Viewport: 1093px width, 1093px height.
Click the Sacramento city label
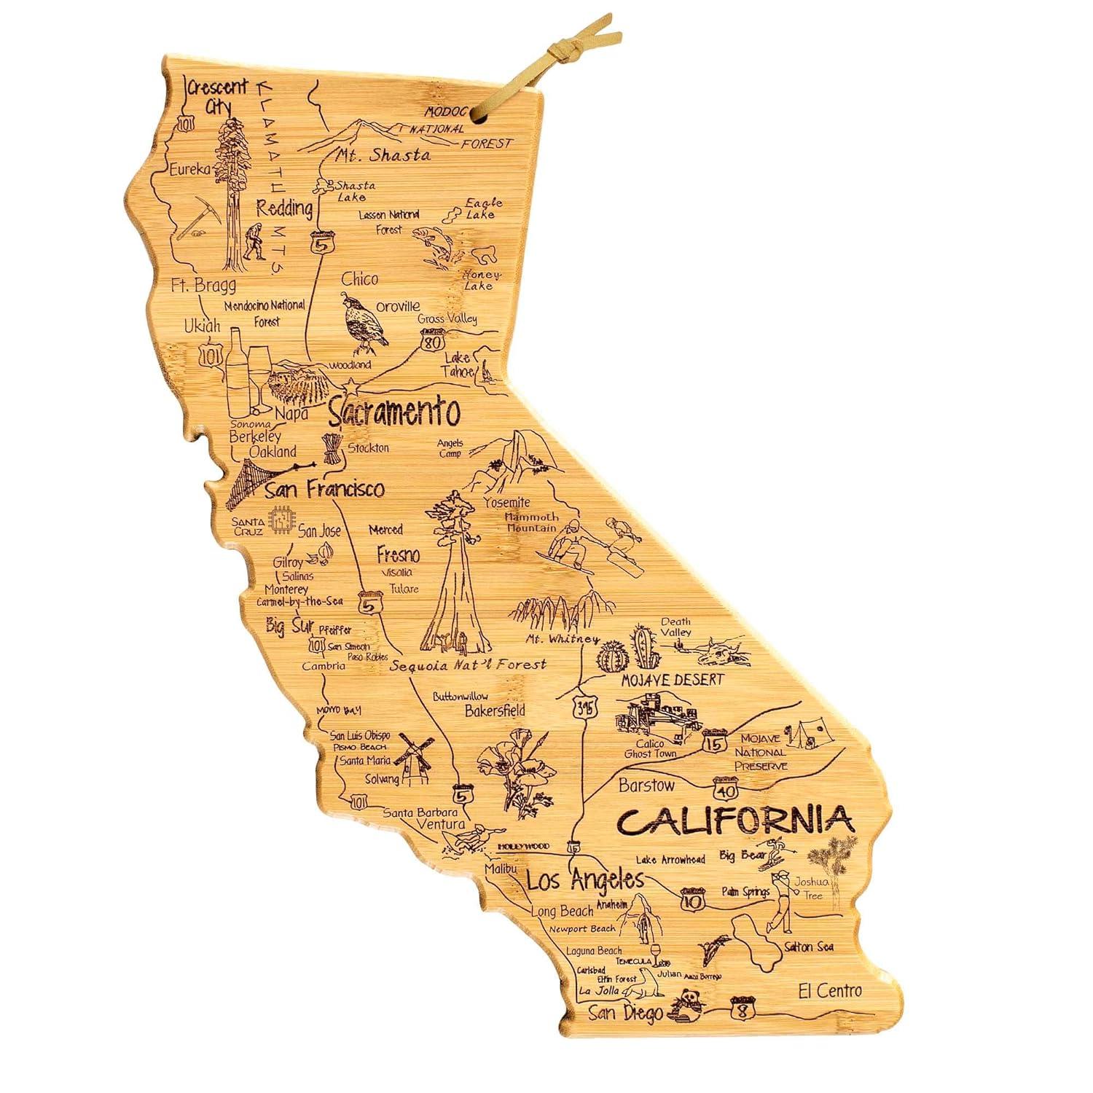(393, 412)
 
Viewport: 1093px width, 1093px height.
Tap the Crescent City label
(219, 95)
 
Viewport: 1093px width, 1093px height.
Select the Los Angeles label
(585, 880)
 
